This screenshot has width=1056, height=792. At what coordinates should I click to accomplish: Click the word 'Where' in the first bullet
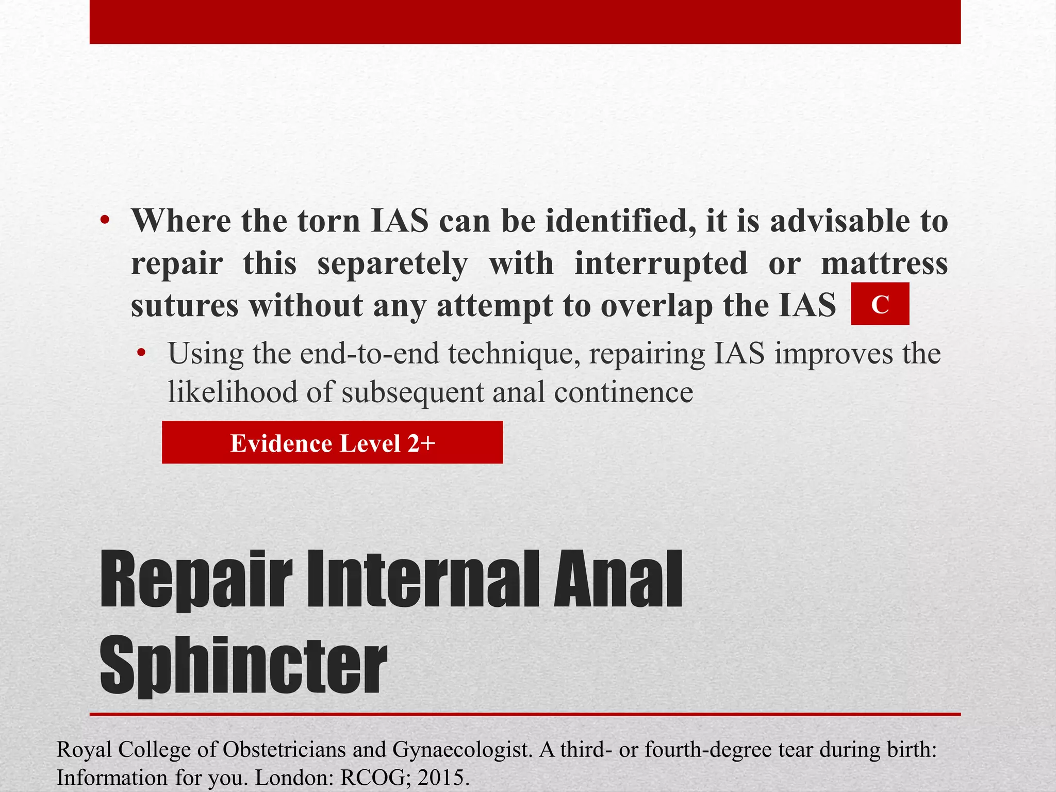click(181, 221)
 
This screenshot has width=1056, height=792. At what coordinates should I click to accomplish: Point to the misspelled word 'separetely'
click(392, 263)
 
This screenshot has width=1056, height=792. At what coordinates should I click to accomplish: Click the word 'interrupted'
click(661, 263)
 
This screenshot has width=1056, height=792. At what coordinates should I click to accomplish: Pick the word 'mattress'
click(884, 263)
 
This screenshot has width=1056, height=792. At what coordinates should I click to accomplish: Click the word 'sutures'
click(185, 306)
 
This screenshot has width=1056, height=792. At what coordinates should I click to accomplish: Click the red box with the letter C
click(880, 304)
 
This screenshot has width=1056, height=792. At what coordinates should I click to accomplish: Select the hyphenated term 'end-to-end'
click(369, 354)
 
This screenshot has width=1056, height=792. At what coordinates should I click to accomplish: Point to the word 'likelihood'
click(233, 392)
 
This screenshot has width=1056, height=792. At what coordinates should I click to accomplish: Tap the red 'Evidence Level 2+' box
click(332, 442)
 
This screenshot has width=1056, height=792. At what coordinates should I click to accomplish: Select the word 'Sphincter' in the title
click(243, 665)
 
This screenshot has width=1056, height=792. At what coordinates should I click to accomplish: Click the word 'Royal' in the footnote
click(84, 749)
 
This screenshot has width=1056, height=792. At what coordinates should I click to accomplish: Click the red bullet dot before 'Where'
click(105, 221)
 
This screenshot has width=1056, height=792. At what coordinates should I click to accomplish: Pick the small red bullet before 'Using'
click(141, 354)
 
